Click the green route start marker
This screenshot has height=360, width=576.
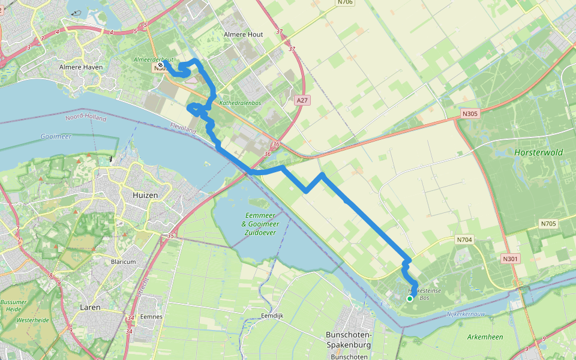pyautogui.click(x=410, y=298)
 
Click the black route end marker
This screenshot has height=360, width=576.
pyautogui.click(x=161, y=66)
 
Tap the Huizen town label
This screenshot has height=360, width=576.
pyautogui.click(x=145, y=195)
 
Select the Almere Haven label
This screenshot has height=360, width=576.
pyautogui.click(x=80, y=67)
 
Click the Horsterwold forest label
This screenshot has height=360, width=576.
pyautogui.click(x=538, y=152)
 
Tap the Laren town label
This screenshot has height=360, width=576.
pyautogui.click(x=90, y=307)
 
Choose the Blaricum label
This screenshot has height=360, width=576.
pyautogui.click(x=124, y=262)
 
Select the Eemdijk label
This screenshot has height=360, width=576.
pyautogui.click(x=272, y=315)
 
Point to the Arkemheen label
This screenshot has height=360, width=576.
pyautogui.click(x=485, y=337)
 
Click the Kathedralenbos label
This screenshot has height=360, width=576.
pyautogui.click(x=240, y=103)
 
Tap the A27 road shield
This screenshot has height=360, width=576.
pyautogui.click(x=302, y=101)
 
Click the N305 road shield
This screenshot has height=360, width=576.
pyautogui.click(x=470, y=113)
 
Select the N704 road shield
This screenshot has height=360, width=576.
pyautogui.click(x=464, y=240)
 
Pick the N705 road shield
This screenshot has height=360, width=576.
pyautogui.click(x=548, y=224)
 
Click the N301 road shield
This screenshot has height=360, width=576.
pyautogui.click(x=511, y=259)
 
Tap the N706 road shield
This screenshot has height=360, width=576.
pyautogui.click(x=344, y=2)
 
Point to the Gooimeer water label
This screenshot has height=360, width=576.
pyautogui.click(x=56, y=137)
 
